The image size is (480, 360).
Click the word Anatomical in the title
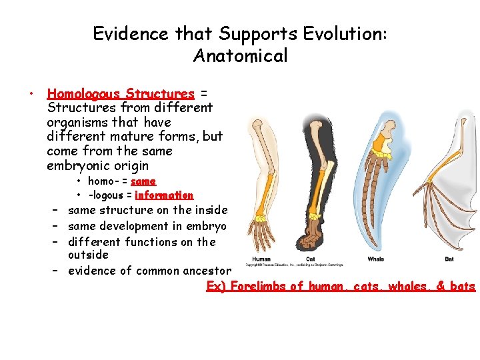[240, 56]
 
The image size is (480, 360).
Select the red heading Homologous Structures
[121, 94]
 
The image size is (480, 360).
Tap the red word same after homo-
[143, 181]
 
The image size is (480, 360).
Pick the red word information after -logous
[164, 195]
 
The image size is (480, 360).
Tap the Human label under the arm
[261, 259]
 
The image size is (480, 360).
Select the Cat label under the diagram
[310, 259]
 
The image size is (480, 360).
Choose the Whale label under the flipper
[375, 259]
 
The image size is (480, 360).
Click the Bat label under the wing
[449, 259]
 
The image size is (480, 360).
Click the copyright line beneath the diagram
[294, 265]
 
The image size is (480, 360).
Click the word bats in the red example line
[462, 287]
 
